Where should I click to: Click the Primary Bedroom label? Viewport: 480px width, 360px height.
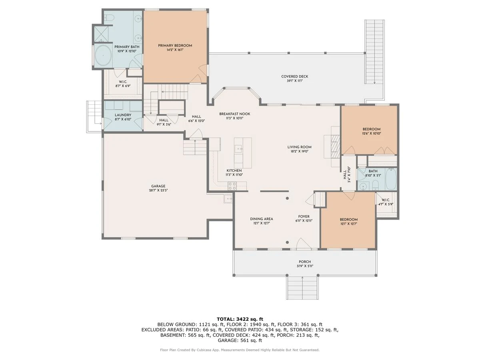[175, 46]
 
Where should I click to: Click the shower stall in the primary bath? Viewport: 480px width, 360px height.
[101, 34]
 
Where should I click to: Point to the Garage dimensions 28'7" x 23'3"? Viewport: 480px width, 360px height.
[158, 190]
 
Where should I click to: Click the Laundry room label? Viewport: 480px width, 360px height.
[123, 115]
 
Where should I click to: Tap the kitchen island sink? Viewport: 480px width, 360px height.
[238, 149]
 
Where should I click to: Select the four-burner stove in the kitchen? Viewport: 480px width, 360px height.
[232, 186]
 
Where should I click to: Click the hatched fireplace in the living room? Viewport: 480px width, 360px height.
[335, 146]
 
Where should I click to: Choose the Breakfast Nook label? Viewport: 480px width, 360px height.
[235, 114]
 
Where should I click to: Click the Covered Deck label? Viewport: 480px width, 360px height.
[294, 76]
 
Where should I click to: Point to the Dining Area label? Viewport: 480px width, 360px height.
[262, 219]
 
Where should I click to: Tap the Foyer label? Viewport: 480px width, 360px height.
[304, 216]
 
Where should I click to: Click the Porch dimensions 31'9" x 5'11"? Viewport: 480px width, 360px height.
[305, 266]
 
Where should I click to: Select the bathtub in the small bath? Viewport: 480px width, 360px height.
[391, 179]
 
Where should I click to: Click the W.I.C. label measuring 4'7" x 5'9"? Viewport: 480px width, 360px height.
[386, 200]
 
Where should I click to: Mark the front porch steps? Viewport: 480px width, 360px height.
[302, 288]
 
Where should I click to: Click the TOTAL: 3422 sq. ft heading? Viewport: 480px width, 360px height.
[240, 319]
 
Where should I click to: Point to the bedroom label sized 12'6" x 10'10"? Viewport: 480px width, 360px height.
[372, 129]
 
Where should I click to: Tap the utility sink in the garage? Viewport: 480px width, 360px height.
[228, 199]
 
